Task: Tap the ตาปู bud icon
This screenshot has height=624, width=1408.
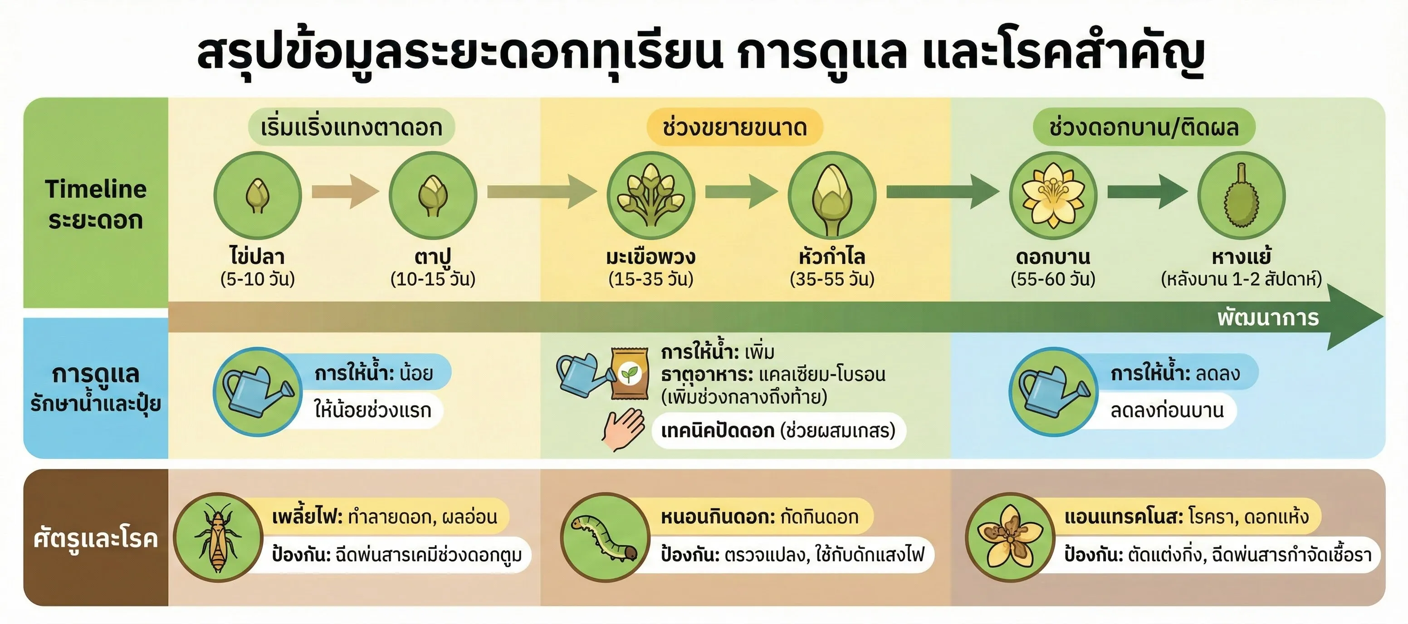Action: coord(433,195)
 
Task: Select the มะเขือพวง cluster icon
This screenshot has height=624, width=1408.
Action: coord(650,195)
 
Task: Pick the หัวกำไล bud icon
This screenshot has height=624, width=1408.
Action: coord(832,195)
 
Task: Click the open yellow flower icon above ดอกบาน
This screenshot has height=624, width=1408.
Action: coord(1053,195)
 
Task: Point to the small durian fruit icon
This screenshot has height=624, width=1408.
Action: coord(1241,195)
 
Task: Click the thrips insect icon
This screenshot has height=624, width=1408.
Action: coord(218,538)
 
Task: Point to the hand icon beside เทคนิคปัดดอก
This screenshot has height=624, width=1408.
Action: coord(623,429)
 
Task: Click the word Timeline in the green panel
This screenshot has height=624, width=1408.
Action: coord(96,189)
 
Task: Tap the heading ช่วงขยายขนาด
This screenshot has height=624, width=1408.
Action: coord(734,127)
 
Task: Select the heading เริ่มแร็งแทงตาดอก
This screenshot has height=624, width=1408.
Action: coord(352,127)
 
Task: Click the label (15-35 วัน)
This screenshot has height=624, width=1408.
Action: coord(650,279)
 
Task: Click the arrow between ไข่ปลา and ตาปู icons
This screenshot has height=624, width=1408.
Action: coord(345,192)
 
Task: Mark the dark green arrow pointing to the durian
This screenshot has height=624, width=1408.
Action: coord(1147,192)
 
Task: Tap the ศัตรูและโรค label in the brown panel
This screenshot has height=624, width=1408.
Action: coord(96,538)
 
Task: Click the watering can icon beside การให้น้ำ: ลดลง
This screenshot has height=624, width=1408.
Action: coord(1053,391)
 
